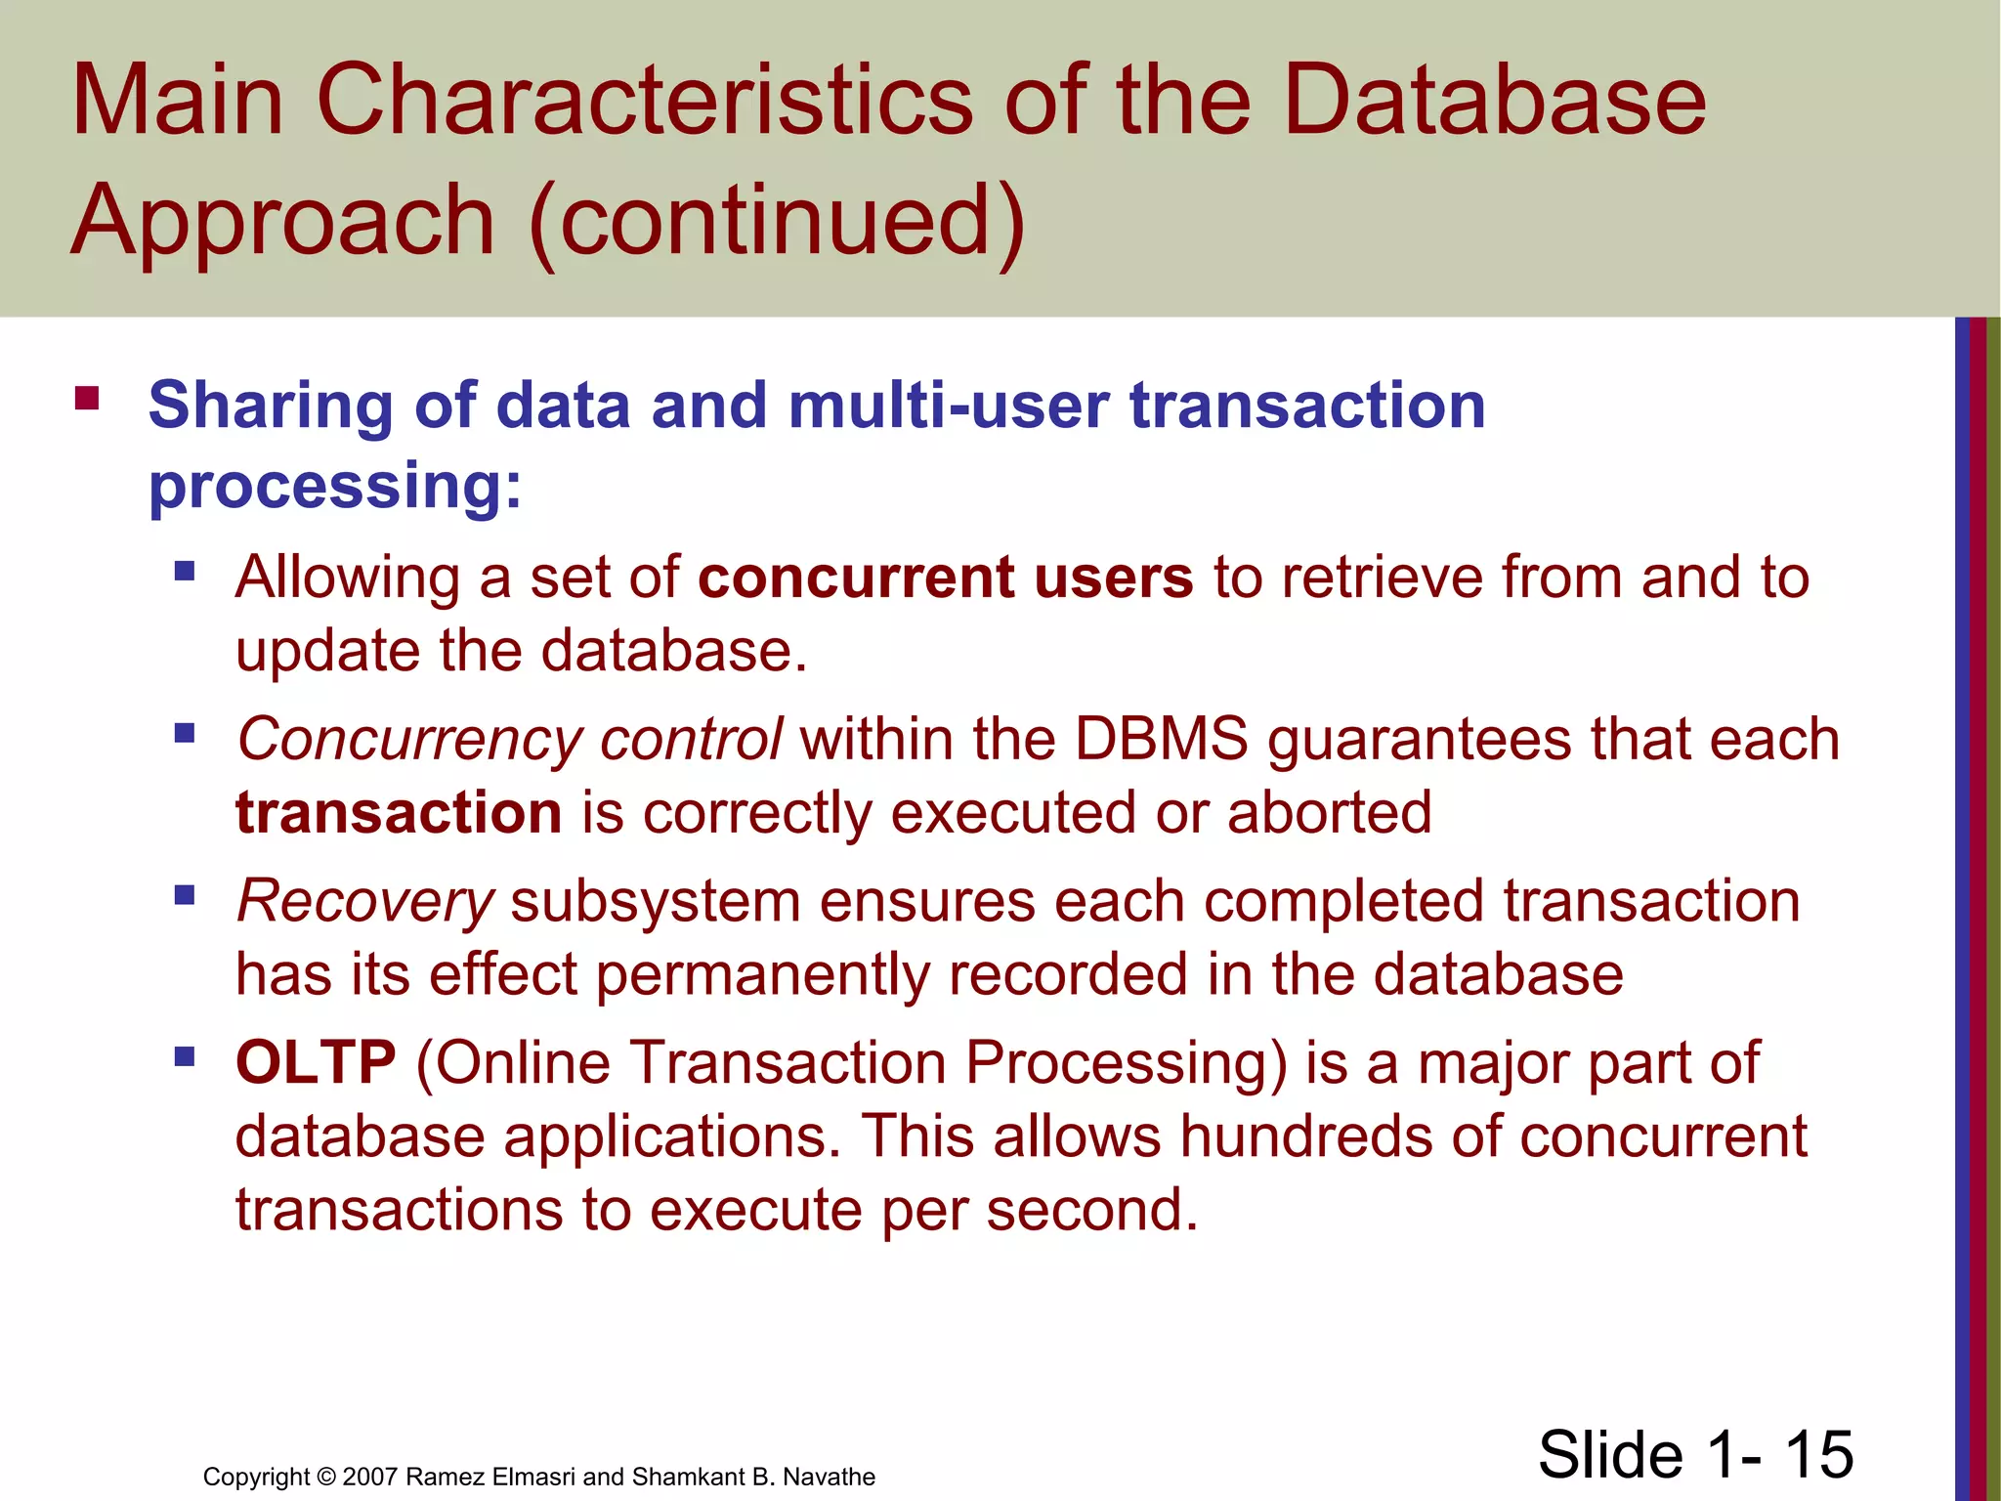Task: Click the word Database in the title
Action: pos(1494,101)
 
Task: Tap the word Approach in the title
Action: pos(283,223)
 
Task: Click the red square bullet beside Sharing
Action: pos(87,399)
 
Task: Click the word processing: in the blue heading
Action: pos(335,486)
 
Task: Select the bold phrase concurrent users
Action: pos(945,577)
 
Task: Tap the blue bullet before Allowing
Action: pos(185,570)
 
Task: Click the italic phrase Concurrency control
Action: pos(509,739)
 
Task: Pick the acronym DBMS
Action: pos(1161,739)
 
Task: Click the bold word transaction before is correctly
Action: pos(399,813)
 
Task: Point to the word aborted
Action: pos(1329,813)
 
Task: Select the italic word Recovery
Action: pos(365,901)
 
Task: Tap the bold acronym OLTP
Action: pos(316,1062)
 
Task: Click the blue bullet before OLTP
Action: pos(185,1056)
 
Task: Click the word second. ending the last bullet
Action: pos(1091,1210)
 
